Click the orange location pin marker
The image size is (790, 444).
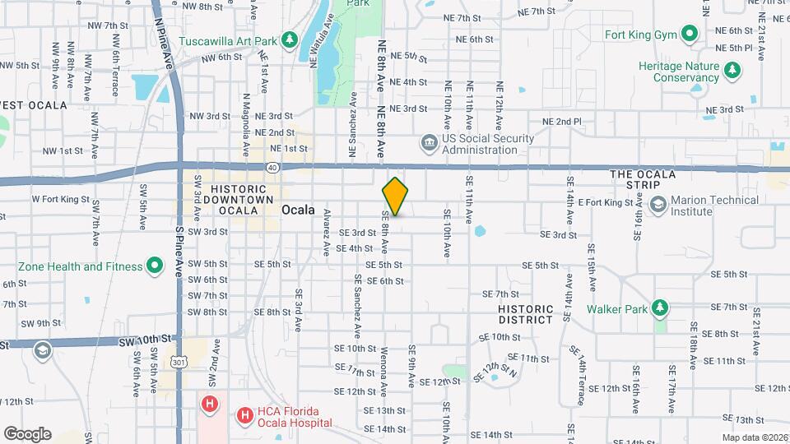[x=396, y=196]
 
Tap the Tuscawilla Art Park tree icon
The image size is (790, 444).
[x=289, y=39]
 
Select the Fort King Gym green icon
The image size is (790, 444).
[x=690, y=35]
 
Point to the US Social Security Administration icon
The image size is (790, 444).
[x=429, y=144]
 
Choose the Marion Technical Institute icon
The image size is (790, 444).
[x=657, y=204]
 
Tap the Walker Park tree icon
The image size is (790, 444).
[x=658, y=309]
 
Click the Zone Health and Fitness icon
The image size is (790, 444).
[x=153, y=266]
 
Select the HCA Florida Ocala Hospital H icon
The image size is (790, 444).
[x=244, y=417]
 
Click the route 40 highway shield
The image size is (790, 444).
[x=272, y=167]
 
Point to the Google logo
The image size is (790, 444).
[x=27, y=433]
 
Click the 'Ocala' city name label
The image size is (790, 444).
[x=298, y=210]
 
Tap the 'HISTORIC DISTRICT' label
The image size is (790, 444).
[x=526, y=313]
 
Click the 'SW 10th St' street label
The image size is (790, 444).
[x=145, y=340]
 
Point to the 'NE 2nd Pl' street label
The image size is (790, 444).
[x=562, y=122]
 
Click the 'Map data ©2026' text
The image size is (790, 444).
[x=755, y=437]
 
